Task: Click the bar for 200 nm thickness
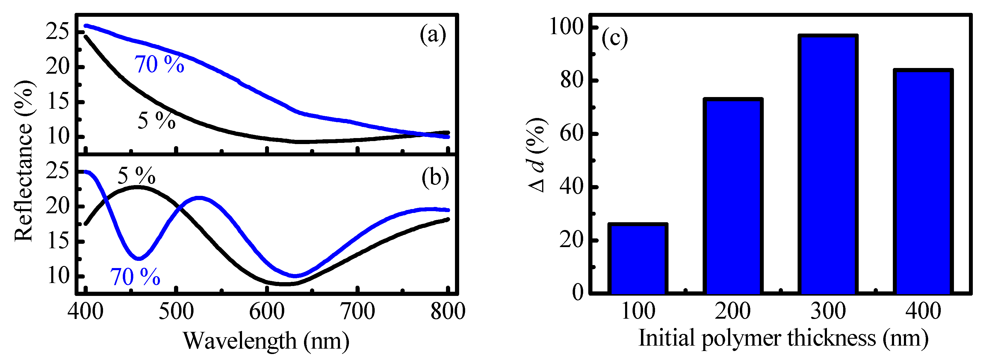[733, 196]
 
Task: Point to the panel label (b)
[435, 178]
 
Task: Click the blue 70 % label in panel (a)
[159, 64]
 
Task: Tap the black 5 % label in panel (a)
[156, 121]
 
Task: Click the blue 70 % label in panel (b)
[135, 277]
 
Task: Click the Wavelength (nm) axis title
[266, 340]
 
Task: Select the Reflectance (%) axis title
[24, 160]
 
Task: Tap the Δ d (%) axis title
[537, 155]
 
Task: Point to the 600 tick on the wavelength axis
[267, 311]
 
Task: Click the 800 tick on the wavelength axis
[447, 311]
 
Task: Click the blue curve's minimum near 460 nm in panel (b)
[139, 259]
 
